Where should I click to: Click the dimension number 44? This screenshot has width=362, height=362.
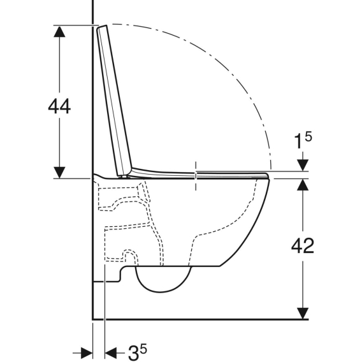point(59,106)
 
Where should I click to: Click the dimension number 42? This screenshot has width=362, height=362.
point(303,245)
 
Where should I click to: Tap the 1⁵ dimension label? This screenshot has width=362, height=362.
point(303,140)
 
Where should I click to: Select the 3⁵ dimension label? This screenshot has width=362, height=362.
point(138,352)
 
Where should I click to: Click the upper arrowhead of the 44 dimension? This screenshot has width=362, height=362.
point(59,32)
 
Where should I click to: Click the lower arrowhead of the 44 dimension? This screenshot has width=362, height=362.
point(59,172)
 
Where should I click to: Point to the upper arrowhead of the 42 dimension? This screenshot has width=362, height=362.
point(303,185)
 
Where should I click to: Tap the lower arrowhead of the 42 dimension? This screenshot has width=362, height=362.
point(303,314)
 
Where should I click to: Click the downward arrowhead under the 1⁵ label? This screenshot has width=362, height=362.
point(303,165)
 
